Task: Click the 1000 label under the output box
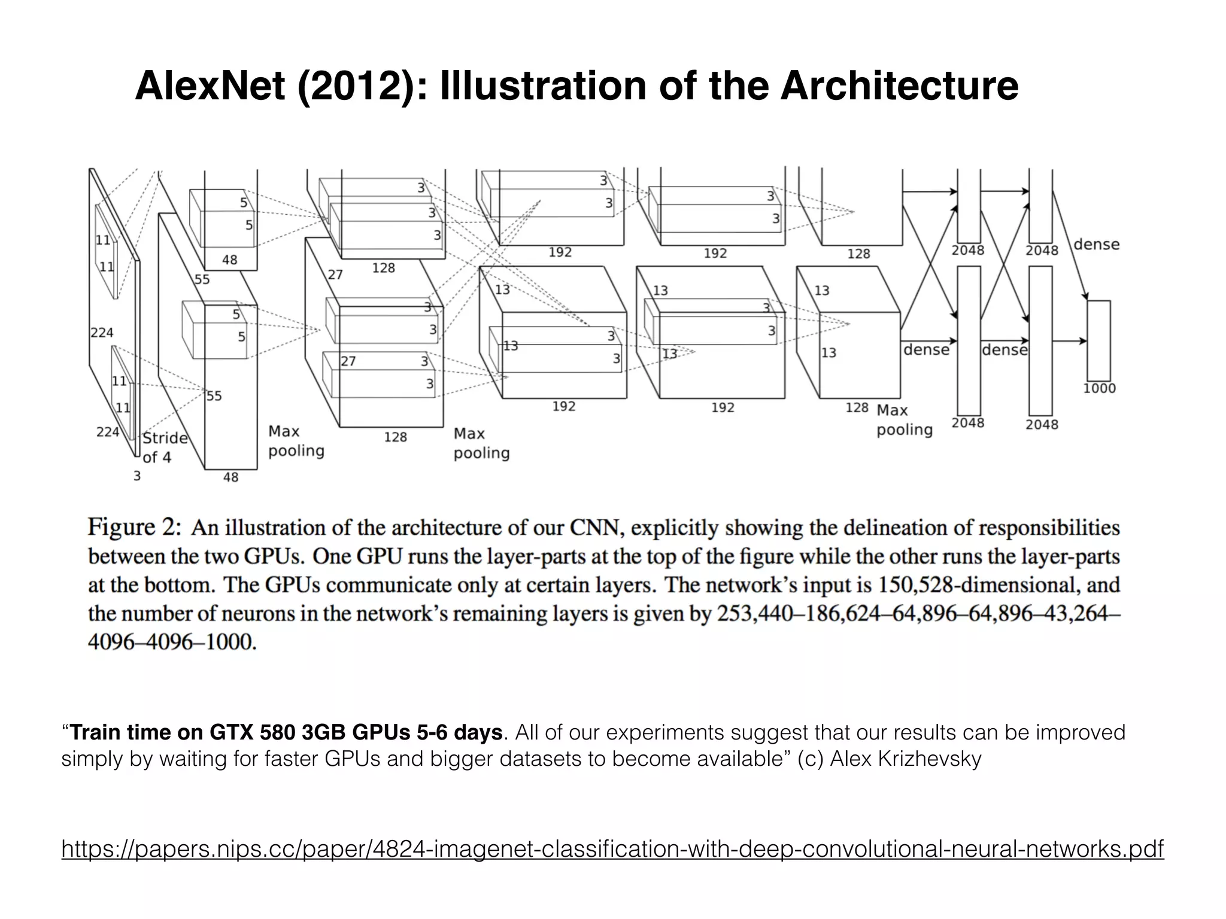(x=1099, y=388)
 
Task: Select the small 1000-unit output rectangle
(x=1098, y=340)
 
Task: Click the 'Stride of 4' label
(x=165, y=448)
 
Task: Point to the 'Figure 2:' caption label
(x=134, y=527)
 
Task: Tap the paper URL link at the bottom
(x=612, y=848)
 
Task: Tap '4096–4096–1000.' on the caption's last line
(x=172, y=642)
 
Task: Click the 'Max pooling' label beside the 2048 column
(x=904, y=420)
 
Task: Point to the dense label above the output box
(x=1096, y=244)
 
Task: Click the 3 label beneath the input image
(x=136, y=476)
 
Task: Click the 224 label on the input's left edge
(x=102, y=333)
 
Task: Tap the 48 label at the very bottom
(x=230, y=477)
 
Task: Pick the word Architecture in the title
(x=899, y=86)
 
